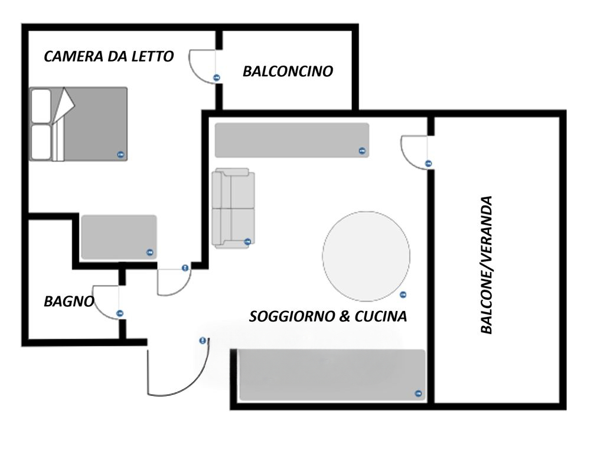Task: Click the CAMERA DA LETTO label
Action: [109, 56]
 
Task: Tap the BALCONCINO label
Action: [288, 71]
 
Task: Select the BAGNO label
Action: [69, 302]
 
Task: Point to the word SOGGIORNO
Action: [292, 316]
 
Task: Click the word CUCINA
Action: [381, 316]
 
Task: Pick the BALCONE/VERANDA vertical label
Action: [486, 265]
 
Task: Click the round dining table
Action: [366, 256]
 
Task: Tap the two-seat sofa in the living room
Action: [233, 208]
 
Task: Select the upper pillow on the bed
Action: [41, 106]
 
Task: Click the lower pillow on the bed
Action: [41, 142]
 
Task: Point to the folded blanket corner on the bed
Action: [63, 105]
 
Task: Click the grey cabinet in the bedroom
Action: [119, 237]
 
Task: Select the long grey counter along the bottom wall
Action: [332, 375]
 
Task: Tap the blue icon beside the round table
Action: [403, 294]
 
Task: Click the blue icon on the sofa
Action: [247, 242]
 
